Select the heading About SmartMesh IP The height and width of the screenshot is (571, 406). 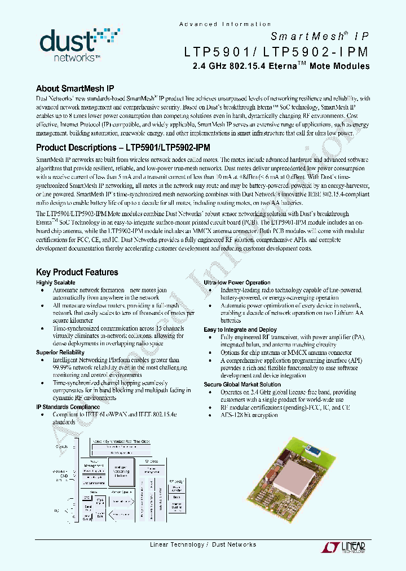click(75, 89)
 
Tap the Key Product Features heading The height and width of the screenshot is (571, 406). click(77, 272)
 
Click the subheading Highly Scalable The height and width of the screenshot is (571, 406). click(56, 283)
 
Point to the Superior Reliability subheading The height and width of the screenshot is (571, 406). click(60, 352)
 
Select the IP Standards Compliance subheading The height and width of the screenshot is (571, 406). click(68, 406)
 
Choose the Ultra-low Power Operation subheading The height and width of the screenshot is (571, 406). click(237, 283)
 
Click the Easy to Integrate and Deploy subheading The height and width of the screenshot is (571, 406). click(240, 330)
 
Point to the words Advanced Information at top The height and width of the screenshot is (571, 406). click(225, 24)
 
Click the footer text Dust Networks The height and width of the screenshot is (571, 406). click(234, 544)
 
